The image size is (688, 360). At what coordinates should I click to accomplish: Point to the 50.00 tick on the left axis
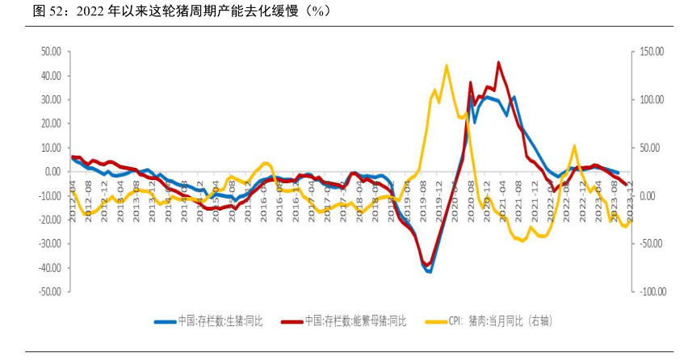tap(51, 52)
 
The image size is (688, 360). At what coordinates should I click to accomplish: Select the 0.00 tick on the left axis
tap(53, 172)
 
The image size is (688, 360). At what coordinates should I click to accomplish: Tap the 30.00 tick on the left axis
tap(51, 100)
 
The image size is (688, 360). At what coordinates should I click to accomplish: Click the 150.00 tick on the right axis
tap(648, 52)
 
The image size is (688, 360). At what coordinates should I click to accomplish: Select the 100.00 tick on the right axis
tap(648, 100)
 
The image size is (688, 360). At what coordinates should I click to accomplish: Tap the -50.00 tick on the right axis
tap(649, 244)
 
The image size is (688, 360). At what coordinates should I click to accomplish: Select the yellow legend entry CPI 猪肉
tap(501, 321)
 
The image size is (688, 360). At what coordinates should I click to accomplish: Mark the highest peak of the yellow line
tap(447, 66)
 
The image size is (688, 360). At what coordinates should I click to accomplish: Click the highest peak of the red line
tap(498, 62)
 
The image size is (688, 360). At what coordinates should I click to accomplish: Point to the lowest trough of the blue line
tap(430, 271)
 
